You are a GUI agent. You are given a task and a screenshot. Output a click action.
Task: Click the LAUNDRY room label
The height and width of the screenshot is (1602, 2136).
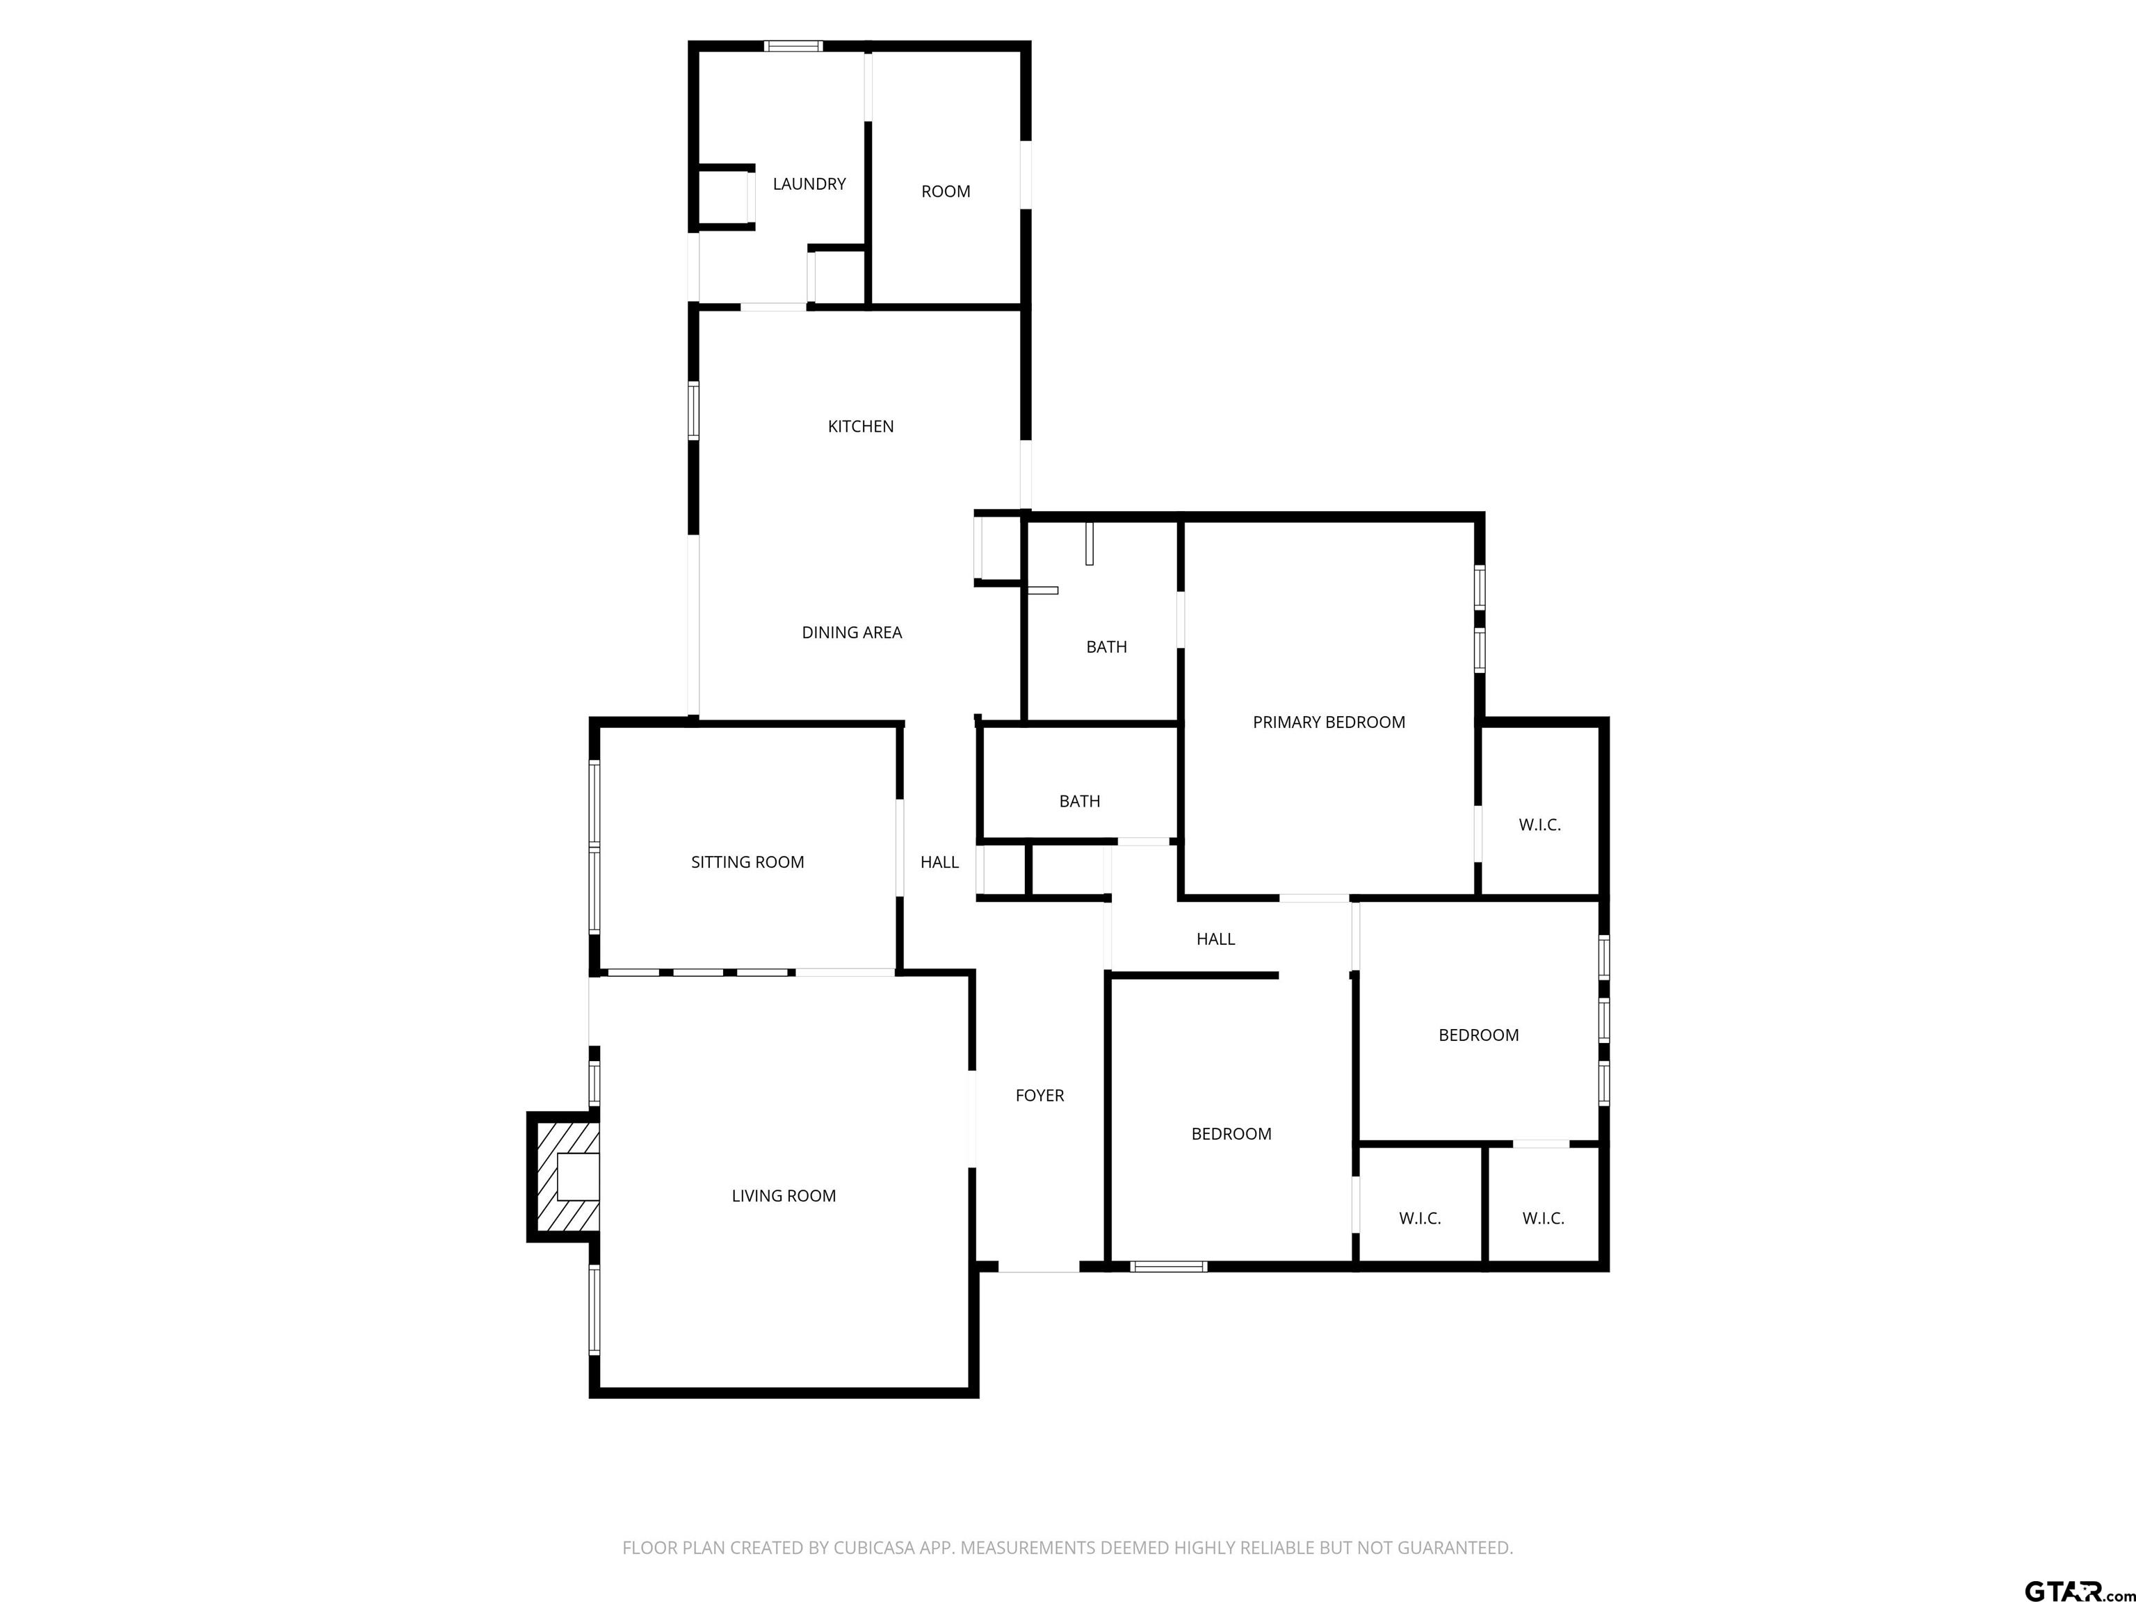click(809, 184)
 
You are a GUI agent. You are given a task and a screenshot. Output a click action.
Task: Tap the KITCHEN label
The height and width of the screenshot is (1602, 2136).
click(860, 426)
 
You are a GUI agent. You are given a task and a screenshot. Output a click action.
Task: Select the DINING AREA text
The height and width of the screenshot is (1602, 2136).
click(852, 633)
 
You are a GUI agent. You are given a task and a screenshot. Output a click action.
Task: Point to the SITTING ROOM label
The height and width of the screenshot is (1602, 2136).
click(747, 862)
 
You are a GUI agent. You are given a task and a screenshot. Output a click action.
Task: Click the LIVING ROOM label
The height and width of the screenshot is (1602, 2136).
click(783, 1195)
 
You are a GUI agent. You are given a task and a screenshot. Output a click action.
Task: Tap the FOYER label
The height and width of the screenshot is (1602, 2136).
click(1040, 1095)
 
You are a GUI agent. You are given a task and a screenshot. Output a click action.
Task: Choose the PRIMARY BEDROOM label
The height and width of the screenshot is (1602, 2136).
click(1329, 722)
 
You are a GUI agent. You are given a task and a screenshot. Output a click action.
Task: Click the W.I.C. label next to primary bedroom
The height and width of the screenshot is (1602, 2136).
click(1539, 825)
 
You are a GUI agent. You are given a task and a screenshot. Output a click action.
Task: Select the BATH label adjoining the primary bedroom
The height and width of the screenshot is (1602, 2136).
click(1107, 647)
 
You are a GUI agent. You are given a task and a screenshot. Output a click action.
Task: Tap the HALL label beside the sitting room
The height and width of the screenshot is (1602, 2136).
click(939, 862)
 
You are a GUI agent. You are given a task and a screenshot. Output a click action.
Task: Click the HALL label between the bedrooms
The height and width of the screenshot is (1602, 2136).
click(1215, 939)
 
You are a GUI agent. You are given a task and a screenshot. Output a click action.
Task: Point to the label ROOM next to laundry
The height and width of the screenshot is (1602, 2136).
click(946, 191)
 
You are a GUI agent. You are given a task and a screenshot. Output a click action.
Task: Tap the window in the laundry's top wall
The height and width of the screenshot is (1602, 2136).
click(794, 45)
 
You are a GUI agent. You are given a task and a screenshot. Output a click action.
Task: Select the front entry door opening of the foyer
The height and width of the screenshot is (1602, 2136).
click(1038, 1266)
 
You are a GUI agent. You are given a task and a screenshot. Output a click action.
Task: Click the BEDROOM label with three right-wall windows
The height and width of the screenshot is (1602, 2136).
click(1478, 1035)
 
